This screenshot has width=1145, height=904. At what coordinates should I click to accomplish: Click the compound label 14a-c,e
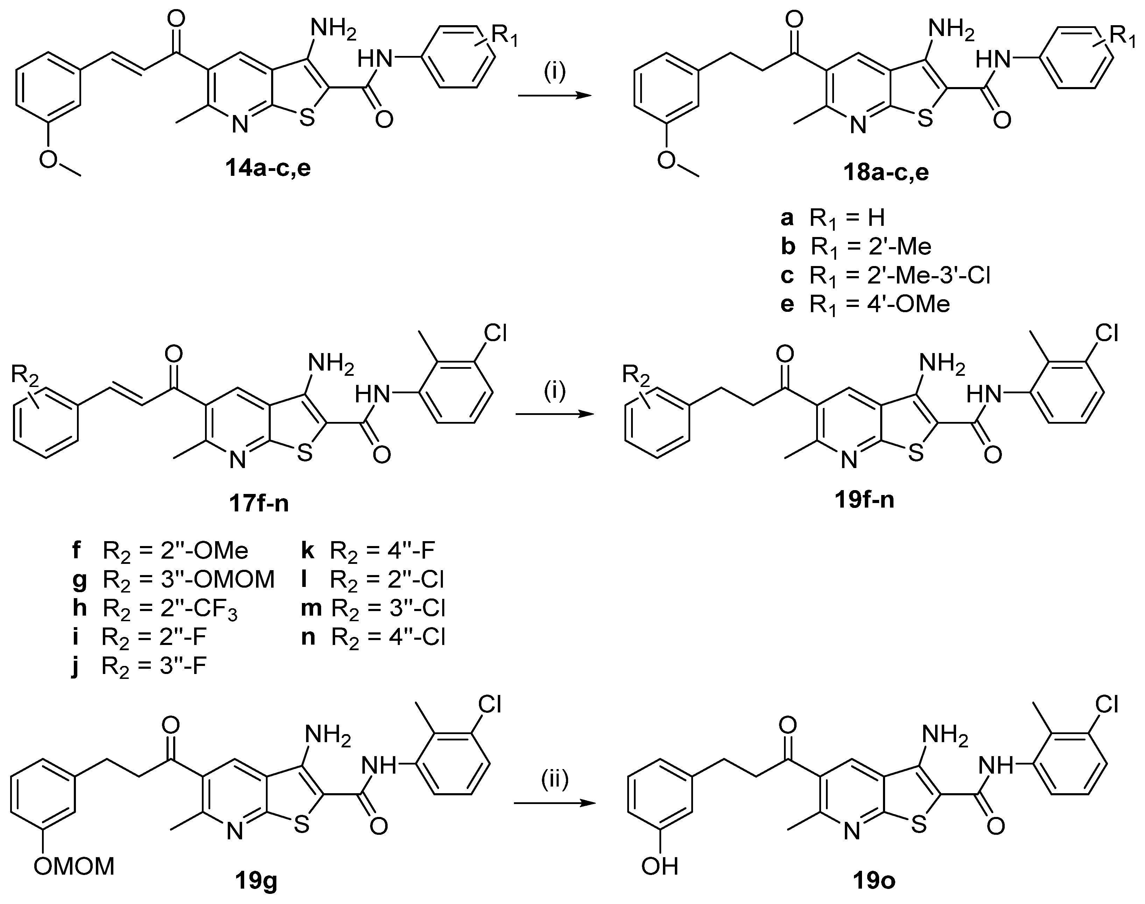268,169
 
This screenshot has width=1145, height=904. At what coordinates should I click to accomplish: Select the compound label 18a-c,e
885,173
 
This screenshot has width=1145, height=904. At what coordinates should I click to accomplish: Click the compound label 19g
256,882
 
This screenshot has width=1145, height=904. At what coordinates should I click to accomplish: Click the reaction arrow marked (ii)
554,803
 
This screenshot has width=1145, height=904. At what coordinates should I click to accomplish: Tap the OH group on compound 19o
659,867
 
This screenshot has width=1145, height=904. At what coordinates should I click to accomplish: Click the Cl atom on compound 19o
1106,704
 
